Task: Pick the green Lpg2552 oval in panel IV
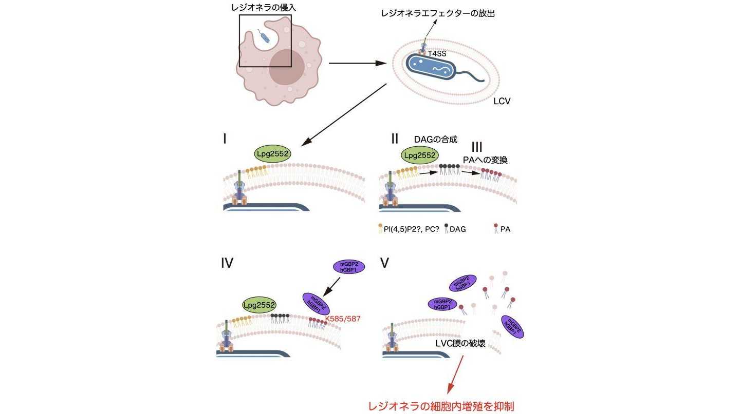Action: click(260, 305)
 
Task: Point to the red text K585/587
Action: click(343, 319)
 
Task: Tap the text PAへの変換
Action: click(486, 161)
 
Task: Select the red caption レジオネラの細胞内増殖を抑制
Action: click(441, 406)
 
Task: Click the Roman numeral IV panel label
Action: click(227, 263)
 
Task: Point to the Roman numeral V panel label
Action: click(385, 263)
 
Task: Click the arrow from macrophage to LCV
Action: click(357, 64)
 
